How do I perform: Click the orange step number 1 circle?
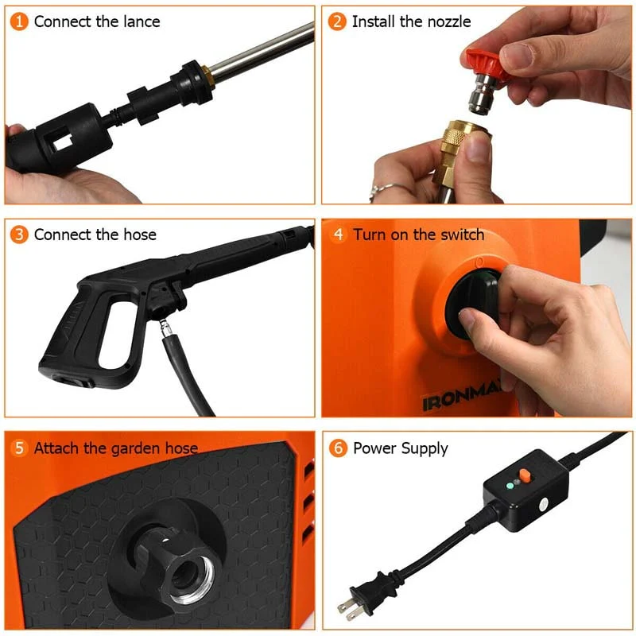click(x=20, y=21)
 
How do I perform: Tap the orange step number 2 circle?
click(x=338, y=21)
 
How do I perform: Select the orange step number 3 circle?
click(x=20, y=235)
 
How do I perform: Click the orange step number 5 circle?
click(x=20, y=448)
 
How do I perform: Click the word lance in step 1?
click(x=139, y=21)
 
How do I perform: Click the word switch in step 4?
click(x=459, y=235)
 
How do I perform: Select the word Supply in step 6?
click(x=423, y=448)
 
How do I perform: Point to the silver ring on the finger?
click(x=383, y=191)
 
